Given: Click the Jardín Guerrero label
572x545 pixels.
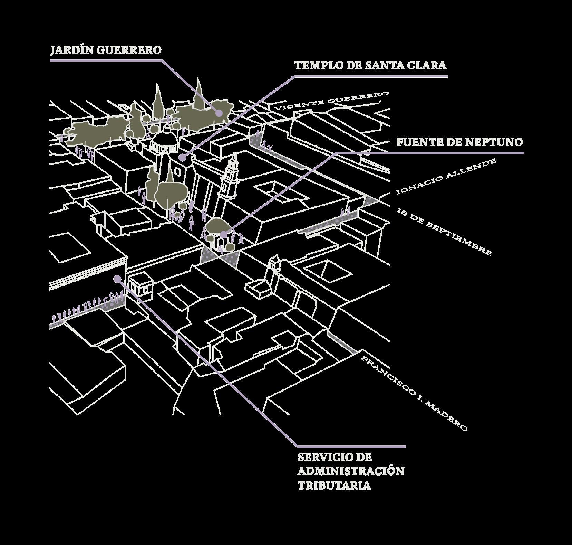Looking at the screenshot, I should [x=106, y=50].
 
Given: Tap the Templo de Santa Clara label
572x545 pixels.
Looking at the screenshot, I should [x=370, y=65].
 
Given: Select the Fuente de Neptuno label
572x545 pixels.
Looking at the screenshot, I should [x=459, y=142].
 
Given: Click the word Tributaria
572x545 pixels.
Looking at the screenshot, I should [x=334, y=485].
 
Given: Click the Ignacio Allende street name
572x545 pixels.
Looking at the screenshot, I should [x=447, y=176].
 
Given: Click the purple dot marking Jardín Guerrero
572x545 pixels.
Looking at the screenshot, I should [x=219, y=113].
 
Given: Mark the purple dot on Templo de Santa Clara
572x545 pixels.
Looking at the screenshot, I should [x=182, y=158].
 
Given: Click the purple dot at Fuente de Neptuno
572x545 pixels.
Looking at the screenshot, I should [x=224, y=234].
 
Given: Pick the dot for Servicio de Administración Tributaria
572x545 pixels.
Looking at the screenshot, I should [x=117, y=278].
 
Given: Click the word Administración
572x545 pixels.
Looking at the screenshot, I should [x=351, y=471].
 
